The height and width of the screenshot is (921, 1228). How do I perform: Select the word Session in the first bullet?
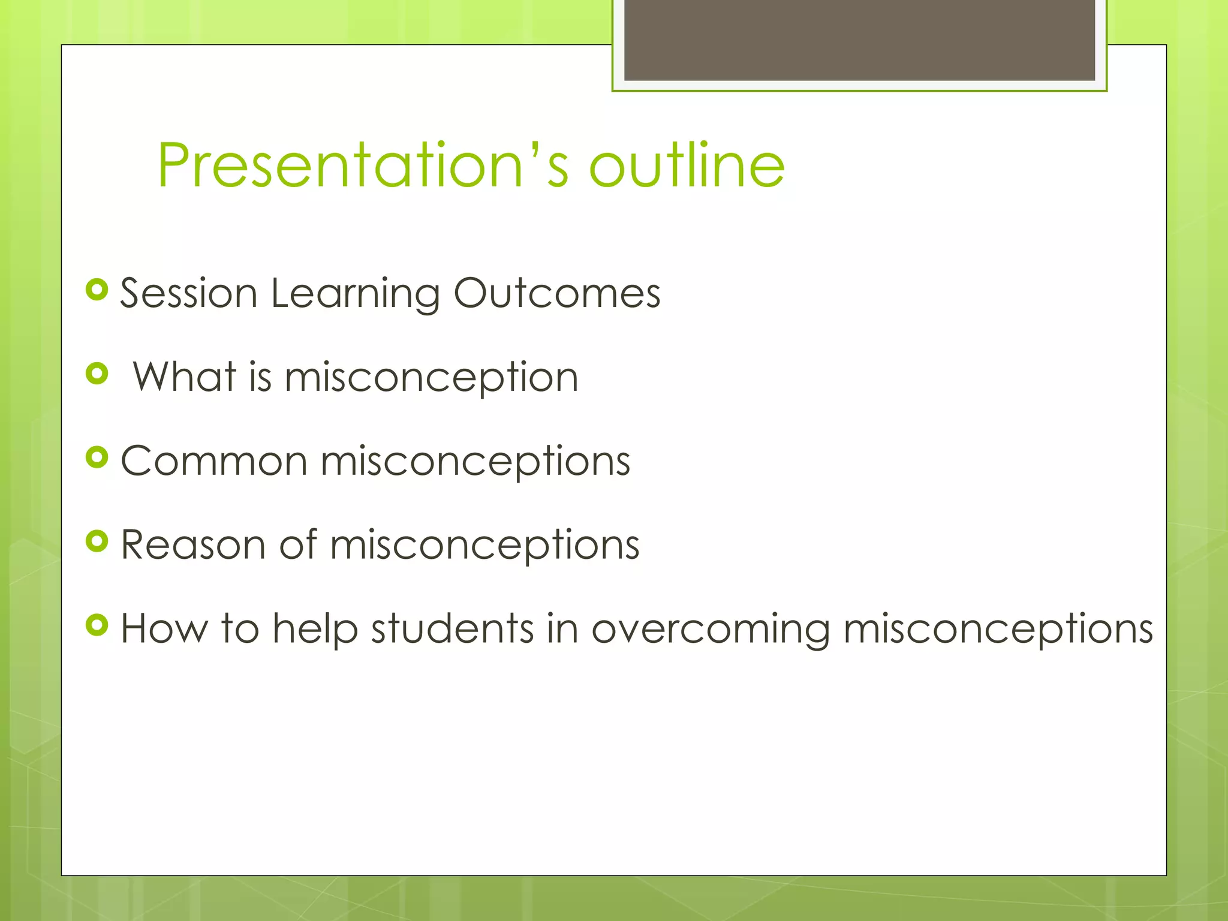point(189,293)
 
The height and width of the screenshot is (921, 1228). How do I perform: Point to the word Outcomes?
point(556,293)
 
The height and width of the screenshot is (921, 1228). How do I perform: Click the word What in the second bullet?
point(184,377)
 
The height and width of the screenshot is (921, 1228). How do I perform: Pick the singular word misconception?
point(431,378)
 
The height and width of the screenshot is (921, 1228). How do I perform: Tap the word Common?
point(214,461)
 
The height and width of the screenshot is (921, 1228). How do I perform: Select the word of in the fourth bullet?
point(298,545)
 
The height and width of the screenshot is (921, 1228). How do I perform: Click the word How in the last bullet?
point(164,629)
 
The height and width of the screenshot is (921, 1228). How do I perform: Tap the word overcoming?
point(711,630)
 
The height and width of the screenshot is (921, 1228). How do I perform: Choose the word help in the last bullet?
point(315,629)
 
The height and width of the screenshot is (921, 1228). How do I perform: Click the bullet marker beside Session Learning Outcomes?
point(97,290)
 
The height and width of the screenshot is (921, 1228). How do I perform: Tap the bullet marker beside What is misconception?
point(97,374)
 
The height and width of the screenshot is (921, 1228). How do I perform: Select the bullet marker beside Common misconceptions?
point(97,458)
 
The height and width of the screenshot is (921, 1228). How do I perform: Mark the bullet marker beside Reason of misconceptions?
point(97,542)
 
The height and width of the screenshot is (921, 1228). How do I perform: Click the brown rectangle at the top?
point(859,40)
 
